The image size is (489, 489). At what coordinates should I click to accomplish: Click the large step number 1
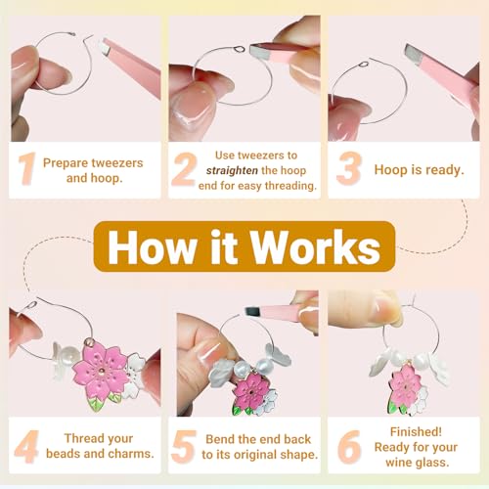click(27, 169)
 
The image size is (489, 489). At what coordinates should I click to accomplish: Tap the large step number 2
click(184, 169)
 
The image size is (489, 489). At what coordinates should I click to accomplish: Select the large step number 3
click(349, 168)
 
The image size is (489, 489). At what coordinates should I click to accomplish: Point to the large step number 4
click(26, 447)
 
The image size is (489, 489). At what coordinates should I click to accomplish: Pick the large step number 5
click(184, 447)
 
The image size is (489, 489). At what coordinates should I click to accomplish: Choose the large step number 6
click(349, 447)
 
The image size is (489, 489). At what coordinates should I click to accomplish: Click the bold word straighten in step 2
click(232, 170)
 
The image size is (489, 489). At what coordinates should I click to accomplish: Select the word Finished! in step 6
click(416, 431)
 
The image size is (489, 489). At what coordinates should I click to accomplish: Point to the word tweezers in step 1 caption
click(117, 163)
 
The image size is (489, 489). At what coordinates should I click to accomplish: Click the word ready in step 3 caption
click(445, 170)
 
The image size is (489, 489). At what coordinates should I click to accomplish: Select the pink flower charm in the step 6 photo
click(406, 387)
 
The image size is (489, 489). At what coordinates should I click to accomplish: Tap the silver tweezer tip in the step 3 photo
click(413, 52)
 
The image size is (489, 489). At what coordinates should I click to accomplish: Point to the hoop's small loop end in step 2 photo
click(239, 50)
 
